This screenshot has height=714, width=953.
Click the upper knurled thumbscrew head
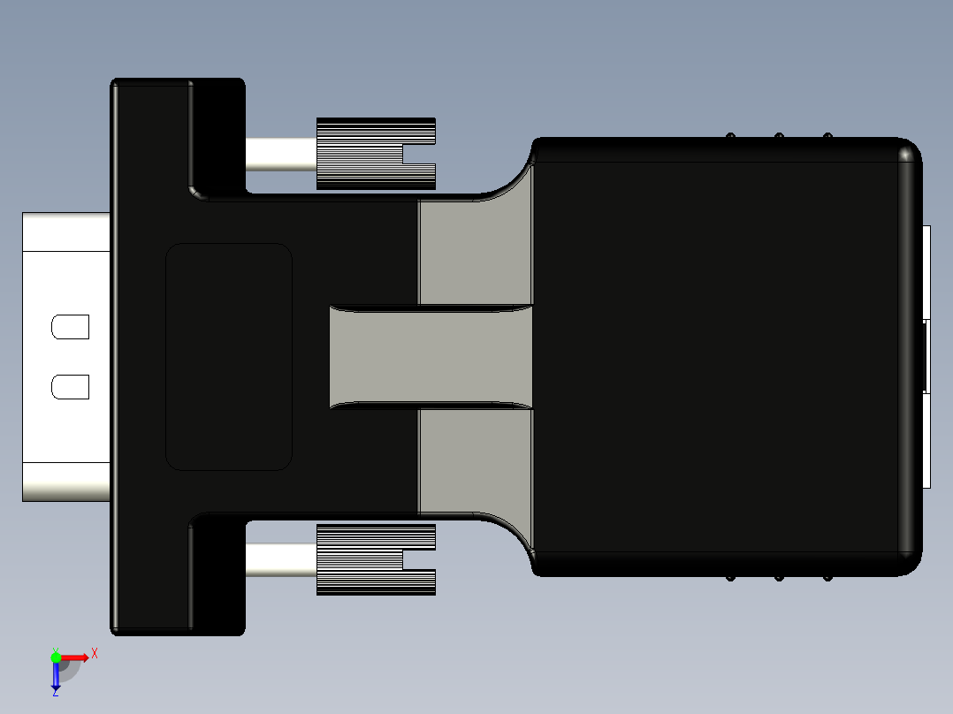click(362, 153)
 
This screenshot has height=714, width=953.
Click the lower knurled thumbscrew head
click(362, 559)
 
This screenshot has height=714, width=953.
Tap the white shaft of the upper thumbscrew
click(280, 155)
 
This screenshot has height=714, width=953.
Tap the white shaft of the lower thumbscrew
click(280, 560)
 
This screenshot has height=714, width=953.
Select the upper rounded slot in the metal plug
click(71, 328)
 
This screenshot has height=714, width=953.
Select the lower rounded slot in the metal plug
click(71, 387)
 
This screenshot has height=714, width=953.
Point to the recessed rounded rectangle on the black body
click(229, 356)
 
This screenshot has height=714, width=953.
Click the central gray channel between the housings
click(431, 357)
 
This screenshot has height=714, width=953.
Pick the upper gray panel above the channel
click(476, 253)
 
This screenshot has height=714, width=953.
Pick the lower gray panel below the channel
click(476, 460)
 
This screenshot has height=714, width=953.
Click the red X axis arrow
click(76, 657)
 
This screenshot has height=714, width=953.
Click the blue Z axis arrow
click(56, 676)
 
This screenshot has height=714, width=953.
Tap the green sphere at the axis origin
click(56, 657)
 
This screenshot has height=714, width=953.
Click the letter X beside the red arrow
click(95, 654)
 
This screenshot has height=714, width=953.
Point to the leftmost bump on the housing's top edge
click(730, 135)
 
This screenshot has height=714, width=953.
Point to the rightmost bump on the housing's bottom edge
click(827, 579)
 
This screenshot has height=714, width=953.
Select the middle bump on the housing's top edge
click(779, 135)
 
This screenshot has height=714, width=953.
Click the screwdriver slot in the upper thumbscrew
click(419, 155)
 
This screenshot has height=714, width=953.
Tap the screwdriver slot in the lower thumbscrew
click(419, 560)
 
